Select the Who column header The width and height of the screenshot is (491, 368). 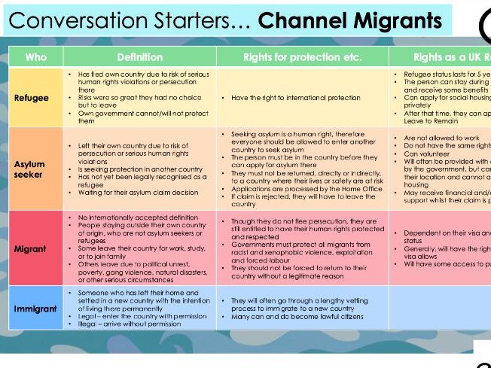[x=35, y=57]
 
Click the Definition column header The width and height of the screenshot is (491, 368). [x=139, y=57]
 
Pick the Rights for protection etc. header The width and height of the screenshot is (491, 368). [x=302, y=57]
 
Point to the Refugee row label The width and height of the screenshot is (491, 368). [x=31, y=98]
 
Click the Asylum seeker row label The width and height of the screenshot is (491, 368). [x=29, y=169]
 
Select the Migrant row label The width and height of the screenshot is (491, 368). [x=30, y=248]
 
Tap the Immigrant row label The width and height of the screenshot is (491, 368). [x=35, y=309]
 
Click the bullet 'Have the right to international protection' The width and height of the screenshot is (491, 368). [x=297, y=98]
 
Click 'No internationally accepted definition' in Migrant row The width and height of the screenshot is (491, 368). [x=138, y=217]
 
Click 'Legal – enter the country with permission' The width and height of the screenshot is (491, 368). [x=140, y=316]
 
